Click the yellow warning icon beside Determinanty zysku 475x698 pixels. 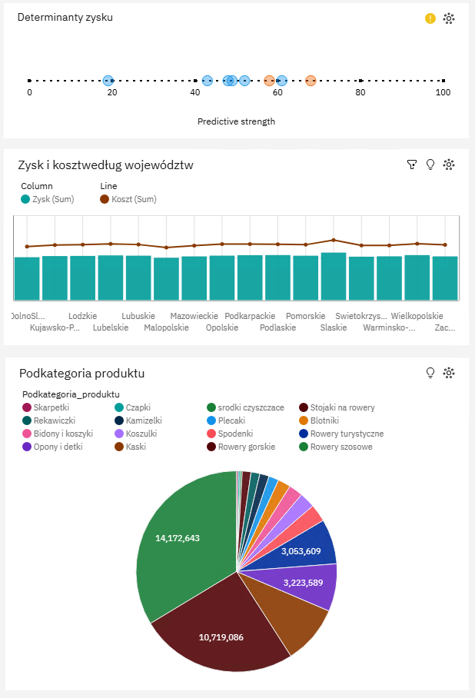[430, 18]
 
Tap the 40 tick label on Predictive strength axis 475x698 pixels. [195, 93]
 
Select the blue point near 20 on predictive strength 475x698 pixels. [108, 81]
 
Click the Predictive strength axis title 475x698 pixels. [236, 121]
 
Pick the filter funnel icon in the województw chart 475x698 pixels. [412, 165]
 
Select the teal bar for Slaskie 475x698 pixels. [333, 276]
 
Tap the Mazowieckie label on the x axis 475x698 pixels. [194, 316]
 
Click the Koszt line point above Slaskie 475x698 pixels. [334, 240]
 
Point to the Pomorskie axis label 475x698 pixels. [305, 316]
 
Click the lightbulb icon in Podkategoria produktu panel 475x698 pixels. [430, 373]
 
